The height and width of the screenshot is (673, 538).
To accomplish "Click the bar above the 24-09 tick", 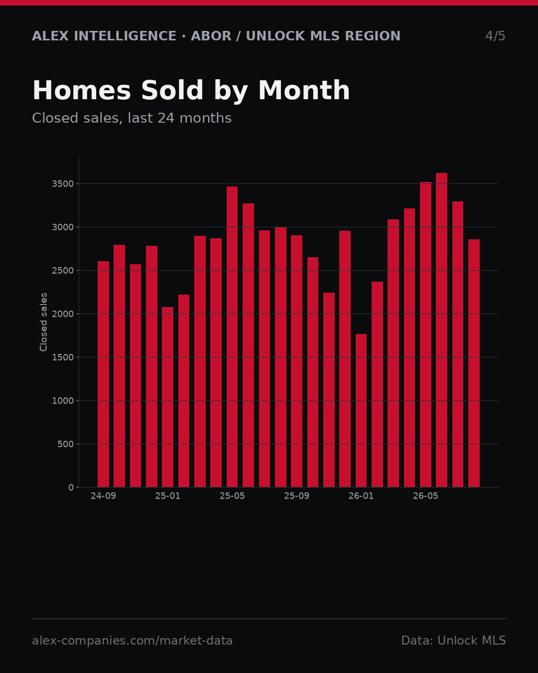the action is [x=103, y=374].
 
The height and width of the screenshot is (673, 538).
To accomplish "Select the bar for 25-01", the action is [x=167, y=397].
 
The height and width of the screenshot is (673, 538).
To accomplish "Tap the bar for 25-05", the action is [x=232, y=337].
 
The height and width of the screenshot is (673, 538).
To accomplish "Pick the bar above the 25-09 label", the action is [x=296, y=361].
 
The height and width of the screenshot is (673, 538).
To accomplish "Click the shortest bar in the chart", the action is [x=361, y=411].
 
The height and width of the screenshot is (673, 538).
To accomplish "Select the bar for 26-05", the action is [x=425, y=335].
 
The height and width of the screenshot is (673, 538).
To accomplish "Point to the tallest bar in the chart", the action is [x=441, y=330].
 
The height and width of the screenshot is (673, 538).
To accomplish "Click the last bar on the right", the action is [x=474, y=363].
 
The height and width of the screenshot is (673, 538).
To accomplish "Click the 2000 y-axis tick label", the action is [x=63, y=314].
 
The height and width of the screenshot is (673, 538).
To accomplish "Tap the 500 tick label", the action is [x=65, y=444].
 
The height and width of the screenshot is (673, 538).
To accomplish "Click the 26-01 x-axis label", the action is [x=361, y=496].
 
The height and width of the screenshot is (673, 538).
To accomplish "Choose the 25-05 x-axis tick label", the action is [x=232, y=496].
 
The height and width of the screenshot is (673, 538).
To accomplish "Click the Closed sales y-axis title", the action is [x=43, y=322].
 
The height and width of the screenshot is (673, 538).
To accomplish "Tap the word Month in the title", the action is [x=304, y=90].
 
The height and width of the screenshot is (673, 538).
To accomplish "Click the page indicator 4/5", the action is [x=495, y=36].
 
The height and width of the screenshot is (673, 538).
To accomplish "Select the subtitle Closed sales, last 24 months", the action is [x=132, y=118].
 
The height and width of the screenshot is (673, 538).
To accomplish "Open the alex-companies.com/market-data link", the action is [x=132, y=641].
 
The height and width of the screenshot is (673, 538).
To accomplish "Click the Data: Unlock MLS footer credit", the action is [x=453, y=641].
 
